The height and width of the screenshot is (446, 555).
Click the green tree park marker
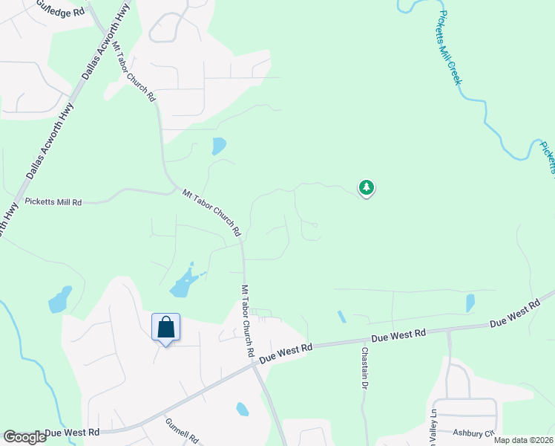[x=365, y=188]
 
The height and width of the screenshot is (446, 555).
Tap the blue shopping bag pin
[x=165, y=328]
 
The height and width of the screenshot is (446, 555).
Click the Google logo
[x=24, y=437]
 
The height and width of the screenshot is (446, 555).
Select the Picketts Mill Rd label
[x=53, y=201]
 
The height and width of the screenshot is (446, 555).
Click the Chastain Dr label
[x=364, y=369]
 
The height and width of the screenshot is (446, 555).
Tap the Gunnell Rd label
[x=182, y=430]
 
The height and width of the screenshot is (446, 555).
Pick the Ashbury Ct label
[x=473, y=433]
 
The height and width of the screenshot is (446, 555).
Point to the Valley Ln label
[x=433, y=422]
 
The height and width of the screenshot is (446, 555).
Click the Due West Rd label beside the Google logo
[x=72, y=432]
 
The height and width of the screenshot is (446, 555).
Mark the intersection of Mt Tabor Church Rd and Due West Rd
[x=252, y=363]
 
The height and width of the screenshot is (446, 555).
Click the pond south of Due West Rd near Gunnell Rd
[x=242, y=409]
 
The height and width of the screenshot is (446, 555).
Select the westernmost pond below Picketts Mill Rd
[x=59, y=300]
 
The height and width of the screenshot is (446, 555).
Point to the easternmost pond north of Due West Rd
[x=470, y=303]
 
